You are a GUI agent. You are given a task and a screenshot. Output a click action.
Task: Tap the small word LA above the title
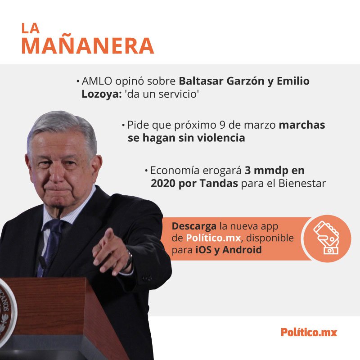tap(31, 28)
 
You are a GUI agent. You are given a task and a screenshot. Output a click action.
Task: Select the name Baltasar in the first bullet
tap(201, 81)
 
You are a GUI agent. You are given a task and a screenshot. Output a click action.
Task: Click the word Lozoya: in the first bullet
tap(102, 94)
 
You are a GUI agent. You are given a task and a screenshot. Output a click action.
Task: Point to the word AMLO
tap(97, 81)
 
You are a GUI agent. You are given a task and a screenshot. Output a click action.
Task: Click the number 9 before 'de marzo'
tap(222, 125)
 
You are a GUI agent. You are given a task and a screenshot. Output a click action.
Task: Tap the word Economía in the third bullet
tap(175, 171)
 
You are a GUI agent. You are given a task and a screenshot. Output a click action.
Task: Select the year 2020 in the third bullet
tap(163, 183)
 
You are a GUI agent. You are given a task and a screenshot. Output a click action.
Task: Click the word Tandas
tap(219, 183)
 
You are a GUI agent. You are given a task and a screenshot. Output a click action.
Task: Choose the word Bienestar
tap(302, 183)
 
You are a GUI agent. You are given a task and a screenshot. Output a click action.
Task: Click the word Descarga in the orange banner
tap(194, 226)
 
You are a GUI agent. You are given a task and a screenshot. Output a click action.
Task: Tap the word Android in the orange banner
tap(242, 250)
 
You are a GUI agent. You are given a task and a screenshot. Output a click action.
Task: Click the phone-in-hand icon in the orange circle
tap(326, 238)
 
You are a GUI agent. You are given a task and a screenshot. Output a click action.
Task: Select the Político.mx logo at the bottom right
tap(309, 332)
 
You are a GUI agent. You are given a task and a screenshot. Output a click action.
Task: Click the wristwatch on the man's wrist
tap(128, 260)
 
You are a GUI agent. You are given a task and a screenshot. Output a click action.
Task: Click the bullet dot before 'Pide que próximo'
tap(123, 126)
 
